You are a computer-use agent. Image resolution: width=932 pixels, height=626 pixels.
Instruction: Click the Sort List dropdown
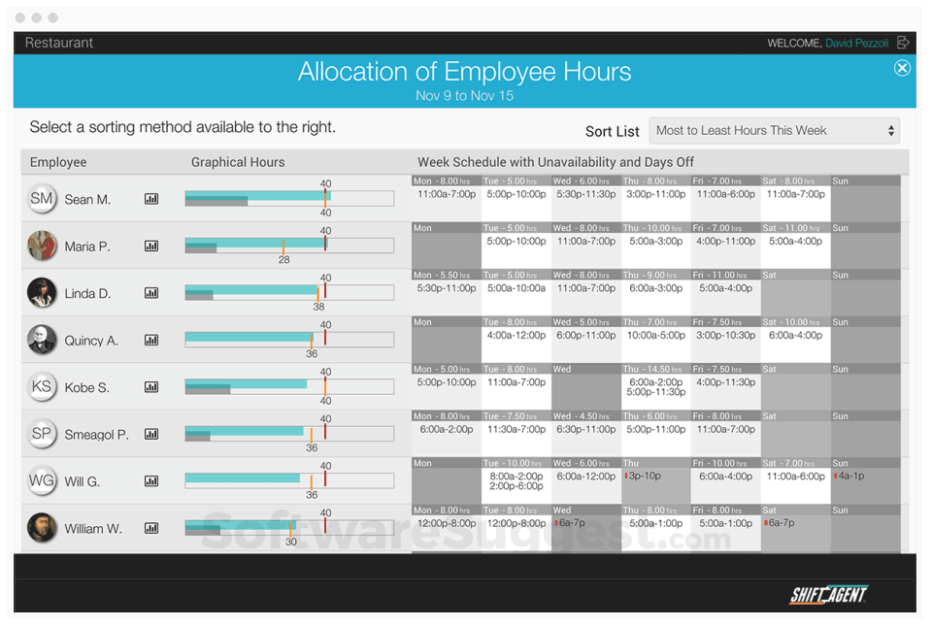pos(774,131)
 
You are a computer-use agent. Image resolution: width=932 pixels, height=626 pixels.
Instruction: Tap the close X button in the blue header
pos(902,68)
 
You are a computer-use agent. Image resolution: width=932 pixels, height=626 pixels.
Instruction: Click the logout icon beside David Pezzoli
pos(903,43)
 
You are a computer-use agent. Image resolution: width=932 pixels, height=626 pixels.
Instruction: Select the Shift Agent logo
pos(828,595)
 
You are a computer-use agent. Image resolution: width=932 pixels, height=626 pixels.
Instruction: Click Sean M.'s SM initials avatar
pos(42,199)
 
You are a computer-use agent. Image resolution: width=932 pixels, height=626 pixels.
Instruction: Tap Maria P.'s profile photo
pos(42,246)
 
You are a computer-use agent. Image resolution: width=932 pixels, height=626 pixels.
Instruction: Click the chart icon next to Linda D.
pos(151,293)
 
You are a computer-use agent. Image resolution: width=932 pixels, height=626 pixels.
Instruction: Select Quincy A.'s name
pos(91,341)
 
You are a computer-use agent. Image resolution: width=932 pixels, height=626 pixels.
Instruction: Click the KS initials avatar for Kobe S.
pos(42,387)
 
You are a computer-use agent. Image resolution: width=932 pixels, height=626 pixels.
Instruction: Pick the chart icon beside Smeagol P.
pos(151,434)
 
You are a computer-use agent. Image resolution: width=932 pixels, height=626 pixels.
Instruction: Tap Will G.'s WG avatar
pos(42,480)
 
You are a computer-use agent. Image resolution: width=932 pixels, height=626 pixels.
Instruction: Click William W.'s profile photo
pos(42,528)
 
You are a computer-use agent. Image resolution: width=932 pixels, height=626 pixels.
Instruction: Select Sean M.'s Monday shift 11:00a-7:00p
pos(447,194)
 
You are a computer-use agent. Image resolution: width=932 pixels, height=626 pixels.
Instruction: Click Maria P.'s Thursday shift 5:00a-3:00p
pos(655,242)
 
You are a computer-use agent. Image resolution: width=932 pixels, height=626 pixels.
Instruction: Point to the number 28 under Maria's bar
pos(283,260)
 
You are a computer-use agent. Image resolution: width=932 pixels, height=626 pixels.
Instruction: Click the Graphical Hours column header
pos(238,162)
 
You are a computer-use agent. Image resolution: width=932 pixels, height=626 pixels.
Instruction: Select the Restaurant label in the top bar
pos(59,43)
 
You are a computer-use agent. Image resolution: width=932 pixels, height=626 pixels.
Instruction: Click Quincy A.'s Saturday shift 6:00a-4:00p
pos(795,335)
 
